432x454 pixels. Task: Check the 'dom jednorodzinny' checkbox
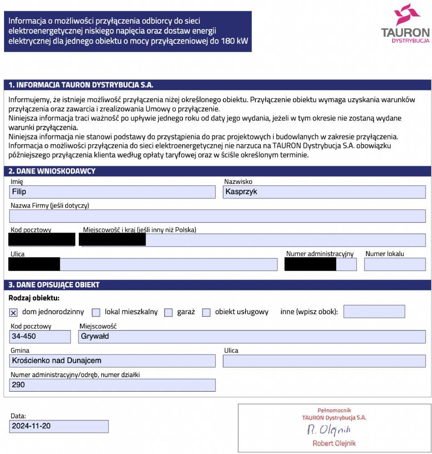click(13, 312)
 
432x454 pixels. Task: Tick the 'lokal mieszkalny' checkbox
click(96, 312)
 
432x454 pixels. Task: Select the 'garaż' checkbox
click(168, 312)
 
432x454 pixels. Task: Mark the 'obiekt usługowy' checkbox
click(206, 312)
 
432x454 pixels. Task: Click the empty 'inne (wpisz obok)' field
click(374, 311)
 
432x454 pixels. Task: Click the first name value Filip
click(19, 192)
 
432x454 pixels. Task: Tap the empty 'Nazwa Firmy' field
click(217, 216)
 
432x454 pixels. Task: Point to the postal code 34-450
click(24, 336)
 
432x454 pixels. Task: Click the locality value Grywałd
click(95, 336)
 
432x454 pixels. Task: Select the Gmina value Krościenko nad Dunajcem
click(56, 361)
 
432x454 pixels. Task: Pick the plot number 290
click(19, 385)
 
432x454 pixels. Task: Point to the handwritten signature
click(329, 429)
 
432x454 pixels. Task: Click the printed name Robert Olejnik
click(334, 443)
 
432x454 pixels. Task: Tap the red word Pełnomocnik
click(334, 410)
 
